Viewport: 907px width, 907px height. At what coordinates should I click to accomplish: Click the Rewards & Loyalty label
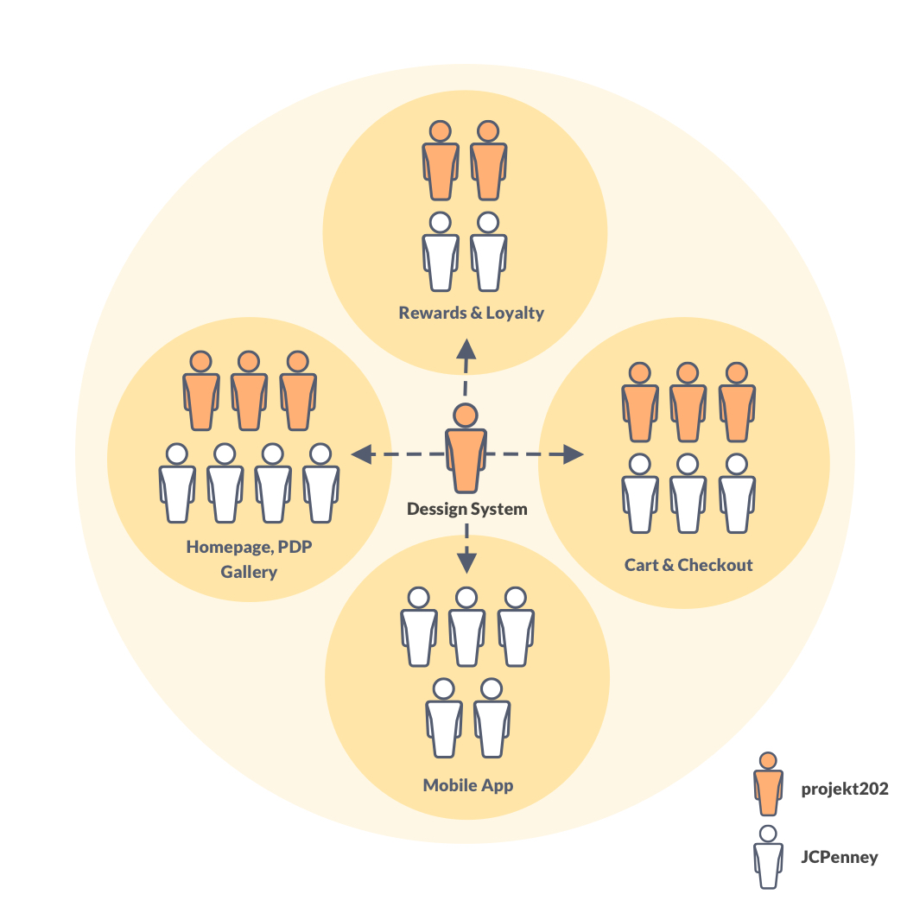[471, 312]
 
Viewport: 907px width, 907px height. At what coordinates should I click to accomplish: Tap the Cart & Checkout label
[688, 565]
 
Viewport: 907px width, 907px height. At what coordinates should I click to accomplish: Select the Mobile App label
[467, 785]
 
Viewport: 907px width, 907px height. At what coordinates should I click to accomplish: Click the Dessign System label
[466, 509]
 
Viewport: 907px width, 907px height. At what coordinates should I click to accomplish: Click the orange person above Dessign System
[466, 449]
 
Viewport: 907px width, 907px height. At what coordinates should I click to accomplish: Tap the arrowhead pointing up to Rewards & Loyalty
[466, 348]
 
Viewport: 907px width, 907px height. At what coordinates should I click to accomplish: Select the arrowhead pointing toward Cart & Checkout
[573, 453]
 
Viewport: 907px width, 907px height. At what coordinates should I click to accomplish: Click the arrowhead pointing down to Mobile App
[466, 563]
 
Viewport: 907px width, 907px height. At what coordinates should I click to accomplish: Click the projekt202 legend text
[845, 788]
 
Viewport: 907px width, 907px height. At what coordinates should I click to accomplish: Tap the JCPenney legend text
[840, 857]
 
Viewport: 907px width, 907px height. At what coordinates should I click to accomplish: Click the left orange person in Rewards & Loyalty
[441, 162]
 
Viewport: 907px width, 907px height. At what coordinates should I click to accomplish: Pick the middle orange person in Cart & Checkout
[688, 403]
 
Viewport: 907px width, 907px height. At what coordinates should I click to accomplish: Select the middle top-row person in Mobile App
[466, 628]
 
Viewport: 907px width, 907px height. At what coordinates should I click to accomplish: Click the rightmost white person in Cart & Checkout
[736, 494]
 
